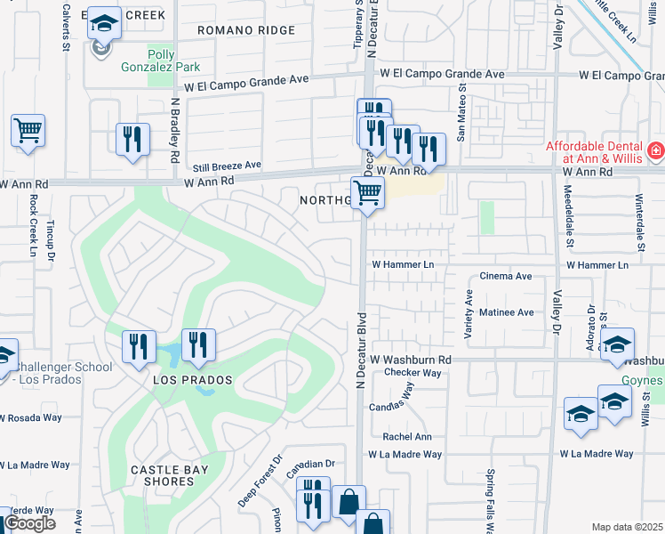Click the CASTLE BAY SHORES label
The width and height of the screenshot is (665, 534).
162,475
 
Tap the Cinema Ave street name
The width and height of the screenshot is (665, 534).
506,277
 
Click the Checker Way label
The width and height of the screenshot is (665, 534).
413,373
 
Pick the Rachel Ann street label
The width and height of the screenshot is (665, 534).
407,437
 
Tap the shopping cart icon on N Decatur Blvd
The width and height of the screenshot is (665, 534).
367,192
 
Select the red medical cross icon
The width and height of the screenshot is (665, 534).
656,151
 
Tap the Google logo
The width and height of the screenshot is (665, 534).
29,523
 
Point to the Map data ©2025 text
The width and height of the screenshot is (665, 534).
627,527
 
